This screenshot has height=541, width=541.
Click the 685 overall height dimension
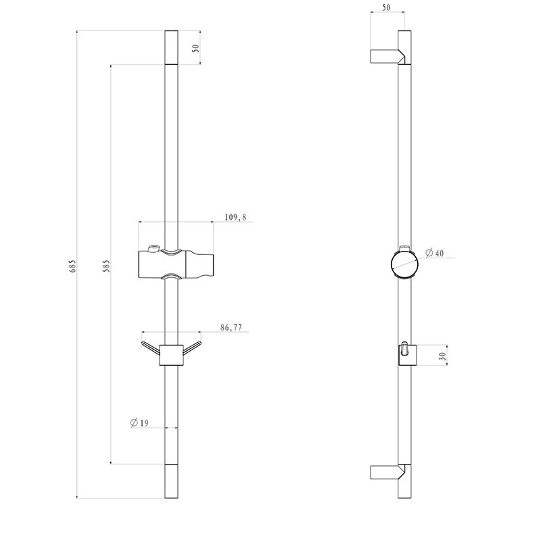point(72,266)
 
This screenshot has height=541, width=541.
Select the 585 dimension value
point(106,266)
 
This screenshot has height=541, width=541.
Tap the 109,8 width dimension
point(235,217)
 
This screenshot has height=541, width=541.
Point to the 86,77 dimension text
point(231,327)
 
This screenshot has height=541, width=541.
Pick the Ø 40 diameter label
point(434,253)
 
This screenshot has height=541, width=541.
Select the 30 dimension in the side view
point(442,356)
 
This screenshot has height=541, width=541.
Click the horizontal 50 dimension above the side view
point(386,7)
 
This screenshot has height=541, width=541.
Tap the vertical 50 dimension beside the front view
point(195,48)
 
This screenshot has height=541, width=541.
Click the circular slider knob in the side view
point(404,264)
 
